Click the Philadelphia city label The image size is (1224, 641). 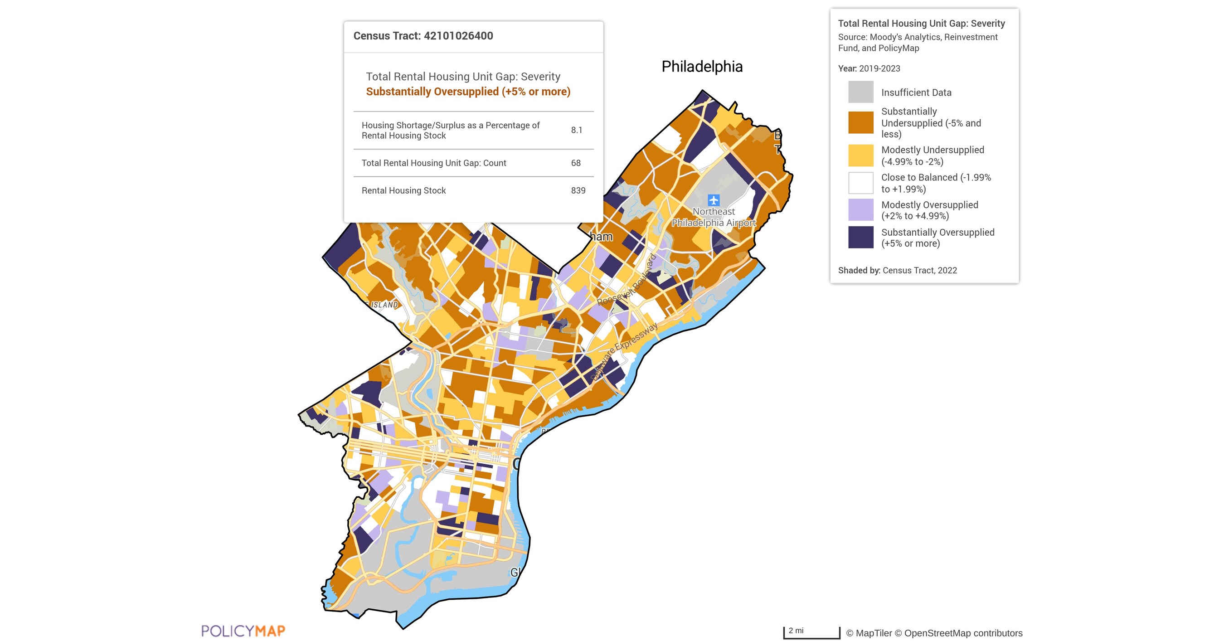click(x=701, y=67)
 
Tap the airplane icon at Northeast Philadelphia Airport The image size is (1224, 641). click(x=713, y=200)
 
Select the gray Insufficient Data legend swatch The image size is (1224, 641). click(x=860, y=92)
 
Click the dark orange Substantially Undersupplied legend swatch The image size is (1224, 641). click(x=860, y=122)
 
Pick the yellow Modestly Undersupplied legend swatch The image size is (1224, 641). click(x=860, y=155)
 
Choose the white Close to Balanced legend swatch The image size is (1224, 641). click(x=860, y=183)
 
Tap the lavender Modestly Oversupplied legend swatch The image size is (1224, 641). click(x=860, y=210)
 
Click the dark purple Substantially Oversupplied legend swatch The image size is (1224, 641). click(x=860, y=238)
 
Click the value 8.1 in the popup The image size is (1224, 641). click(x=576, y=130)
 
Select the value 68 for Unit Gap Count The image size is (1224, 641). click(x=575, y=163)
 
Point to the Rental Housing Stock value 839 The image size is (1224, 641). click(x=578, y=190)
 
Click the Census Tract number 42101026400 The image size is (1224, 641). click(x=458, y=36)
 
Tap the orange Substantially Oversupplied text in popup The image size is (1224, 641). click(x=467, y=92)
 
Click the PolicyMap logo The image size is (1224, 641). click(x=243, y=631)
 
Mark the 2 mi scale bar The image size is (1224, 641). click(x=811, y=632)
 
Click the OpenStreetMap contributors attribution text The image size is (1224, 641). click(x=963, y=633)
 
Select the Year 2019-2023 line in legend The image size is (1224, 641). click(x=869, y=68)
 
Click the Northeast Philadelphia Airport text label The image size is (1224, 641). click(x=713, y=217)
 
